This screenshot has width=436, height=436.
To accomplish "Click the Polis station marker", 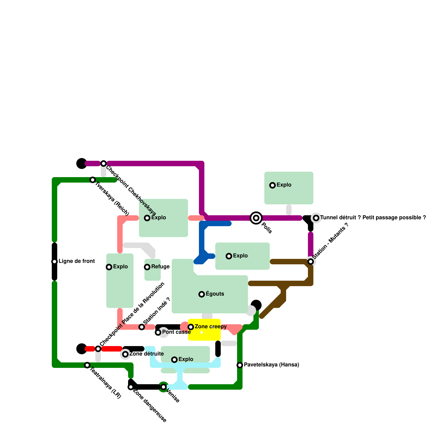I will pyautogui.click(x=256, y=218).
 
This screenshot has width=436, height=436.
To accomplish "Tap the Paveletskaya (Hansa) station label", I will pyautogui.click(x=271, y=365).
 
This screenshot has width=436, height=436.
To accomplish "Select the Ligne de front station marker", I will pyautogui.click(x=55, y=262).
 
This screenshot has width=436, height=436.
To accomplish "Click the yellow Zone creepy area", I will pyautogui.click(x=204, y=334).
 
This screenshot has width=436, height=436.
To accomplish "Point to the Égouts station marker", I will pyautogui.click(x=202, y=294).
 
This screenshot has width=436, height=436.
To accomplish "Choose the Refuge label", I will pyautogui.click(x=160, y=267).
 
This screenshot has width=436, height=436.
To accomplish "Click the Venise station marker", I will pyautogui.click(x=163, y=387).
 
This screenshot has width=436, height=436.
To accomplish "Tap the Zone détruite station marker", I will pyautogui.click(x=125, y=354).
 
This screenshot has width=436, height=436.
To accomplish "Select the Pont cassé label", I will pyautogui.click(x=176, y=332).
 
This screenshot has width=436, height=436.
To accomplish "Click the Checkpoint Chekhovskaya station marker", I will pyautogui.click(x=104, y=163).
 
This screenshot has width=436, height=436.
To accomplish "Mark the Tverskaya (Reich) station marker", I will pyautogui.click(x=93, y=180).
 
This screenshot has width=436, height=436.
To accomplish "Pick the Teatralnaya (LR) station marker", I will pyautogui.click(x=87, y=365).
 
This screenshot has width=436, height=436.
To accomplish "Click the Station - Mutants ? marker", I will pyautogui.click(x=311, y=262).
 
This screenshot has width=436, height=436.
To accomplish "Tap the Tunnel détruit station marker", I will pyautogui.click(x=316, y=218).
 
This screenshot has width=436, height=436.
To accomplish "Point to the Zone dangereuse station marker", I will pyautogui.click(x=131, y=387).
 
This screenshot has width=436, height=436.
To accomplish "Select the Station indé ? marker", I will pyautogui.click(x=142, y=327).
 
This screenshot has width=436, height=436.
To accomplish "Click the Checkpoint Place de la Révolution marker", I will pyautogui.click(x=98, y=349).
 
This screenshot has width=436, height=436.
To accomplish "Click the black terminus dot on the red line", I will pyautogui.click(x=81, y=349).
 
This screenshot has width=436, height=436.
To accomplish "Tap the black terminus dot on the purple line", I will pyautogui.click(x=81, y=163).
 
